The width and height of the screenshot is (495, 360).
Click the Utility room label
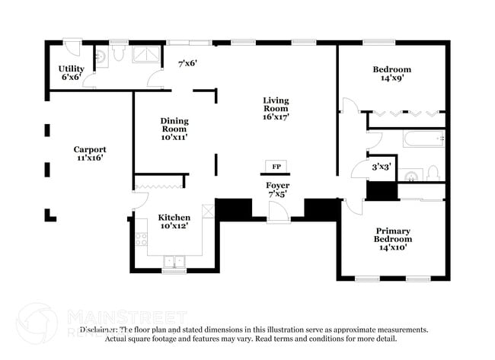(71, 72)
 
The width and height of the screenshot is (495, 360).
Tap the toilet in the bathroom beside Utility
(118, 53)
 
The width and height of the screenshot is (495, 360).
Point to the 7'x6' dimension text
(187, 64)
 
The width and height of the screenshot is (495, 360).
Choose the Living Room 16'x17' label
(276, 108)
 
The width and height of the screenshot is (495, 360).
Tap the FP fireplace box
(276, 167)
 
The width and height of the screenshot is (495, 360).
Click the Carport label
(89, 154)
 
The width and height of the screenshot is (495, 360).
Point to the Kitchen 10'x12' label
(174, 221)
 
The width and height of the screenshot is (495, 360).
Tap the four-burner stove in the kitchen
(141, 239)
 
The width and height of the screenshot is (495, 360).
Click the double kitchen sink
(174, 262)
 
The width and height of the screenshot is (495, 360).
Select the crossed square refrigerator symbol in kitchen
(208, 211)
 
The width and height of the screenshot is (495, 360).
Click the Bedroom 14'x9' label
(391, 73)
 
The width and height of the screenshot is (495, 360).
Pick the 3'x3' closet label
(381, 165)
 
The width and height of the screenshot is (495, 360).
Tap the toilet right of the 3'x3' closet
(432, 173)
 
